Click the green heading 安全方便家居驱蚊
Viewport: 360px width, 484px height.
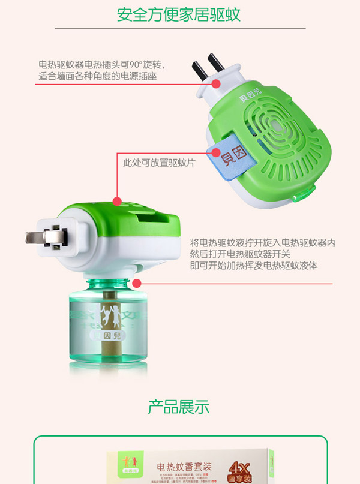pyautogui.click(x=179, y=14)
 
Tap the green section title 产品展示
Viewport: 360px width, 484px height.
pyautogui.click(x=179, y=407)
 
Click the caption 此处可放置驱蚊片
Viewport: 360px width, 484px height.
pyautogui.click(x=159, y=163)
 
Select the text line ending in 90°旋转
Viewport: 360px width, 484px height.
pyautogui.click(x=101, y=65)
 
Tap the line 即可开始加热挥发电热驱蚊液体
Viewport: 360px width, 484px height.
pyautogui.click(x=253, y=265)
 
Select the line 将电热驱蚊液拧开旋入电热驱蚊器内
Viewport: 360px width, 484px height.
pyautogui.click(x=262, y=242)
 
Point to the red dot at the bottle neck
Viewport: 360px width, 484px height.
pyautogui.click(x=137, y=282)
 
